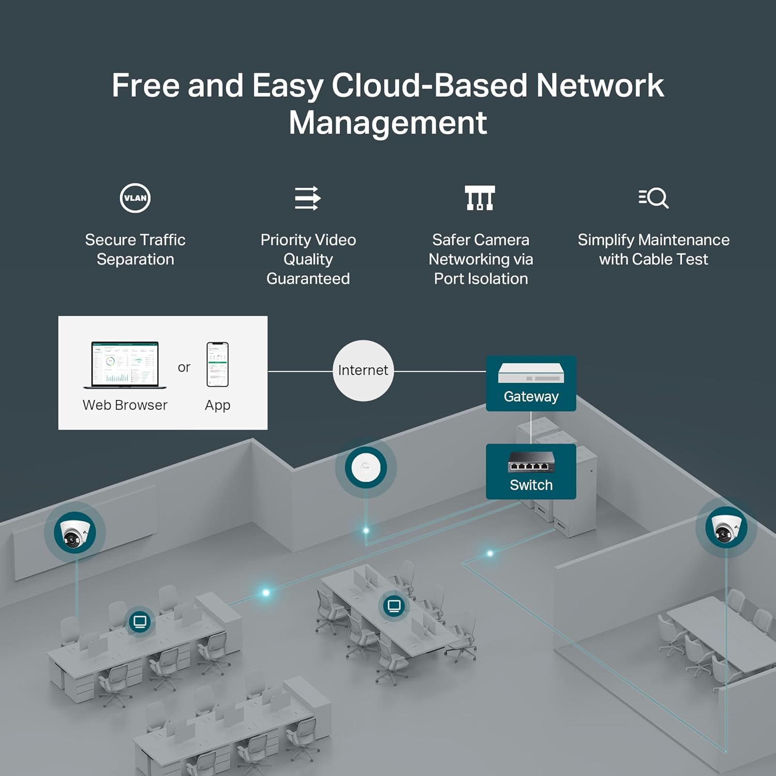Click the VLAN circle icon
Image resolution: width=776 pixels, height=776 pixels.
coord(135,198)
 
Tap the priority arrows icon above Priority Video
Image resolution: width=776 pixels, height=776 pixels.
coord(308,198)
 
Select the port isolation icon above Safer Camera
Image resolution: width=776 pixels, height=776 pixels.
coord(480,198)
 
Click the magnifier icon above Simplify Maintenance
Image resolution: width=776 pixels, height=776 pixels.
coord(653,198)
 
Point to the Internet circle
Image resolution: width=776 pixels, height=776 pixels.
coord(363,370)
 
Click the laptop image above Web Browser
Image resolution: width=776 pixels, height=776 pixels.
coord(125,365)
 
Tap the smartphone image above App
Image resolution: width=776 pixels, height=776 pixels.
coord(217,364)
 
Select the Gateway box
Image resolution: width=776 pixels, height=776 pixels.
coord(531,383)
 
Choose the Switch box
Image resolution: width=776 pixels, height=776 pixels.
coord(531,471)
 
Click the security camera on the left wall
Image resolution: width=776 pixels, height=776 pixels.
coord(74,533)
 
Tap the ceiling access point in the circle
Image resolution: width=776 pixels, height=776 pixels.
coord(366,468)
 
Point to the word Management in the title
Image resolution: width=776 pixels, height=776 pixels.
coord(387,123)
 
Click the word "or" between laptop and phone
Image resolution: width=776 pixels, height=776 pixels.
coord(184,367)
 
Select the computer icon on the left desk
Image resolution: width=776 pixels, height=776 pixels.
coord(140,621)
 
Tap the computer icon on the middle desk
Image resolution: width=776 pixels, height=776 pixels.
coord(394,605)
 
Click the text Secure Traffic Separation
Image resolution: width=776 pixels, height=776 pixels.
coord(135,249)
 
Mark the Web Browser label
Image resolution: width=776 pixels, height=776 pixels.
coord(125,405)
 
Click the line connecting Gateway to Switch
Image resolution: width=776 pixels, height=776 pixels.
coord(531,427)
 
